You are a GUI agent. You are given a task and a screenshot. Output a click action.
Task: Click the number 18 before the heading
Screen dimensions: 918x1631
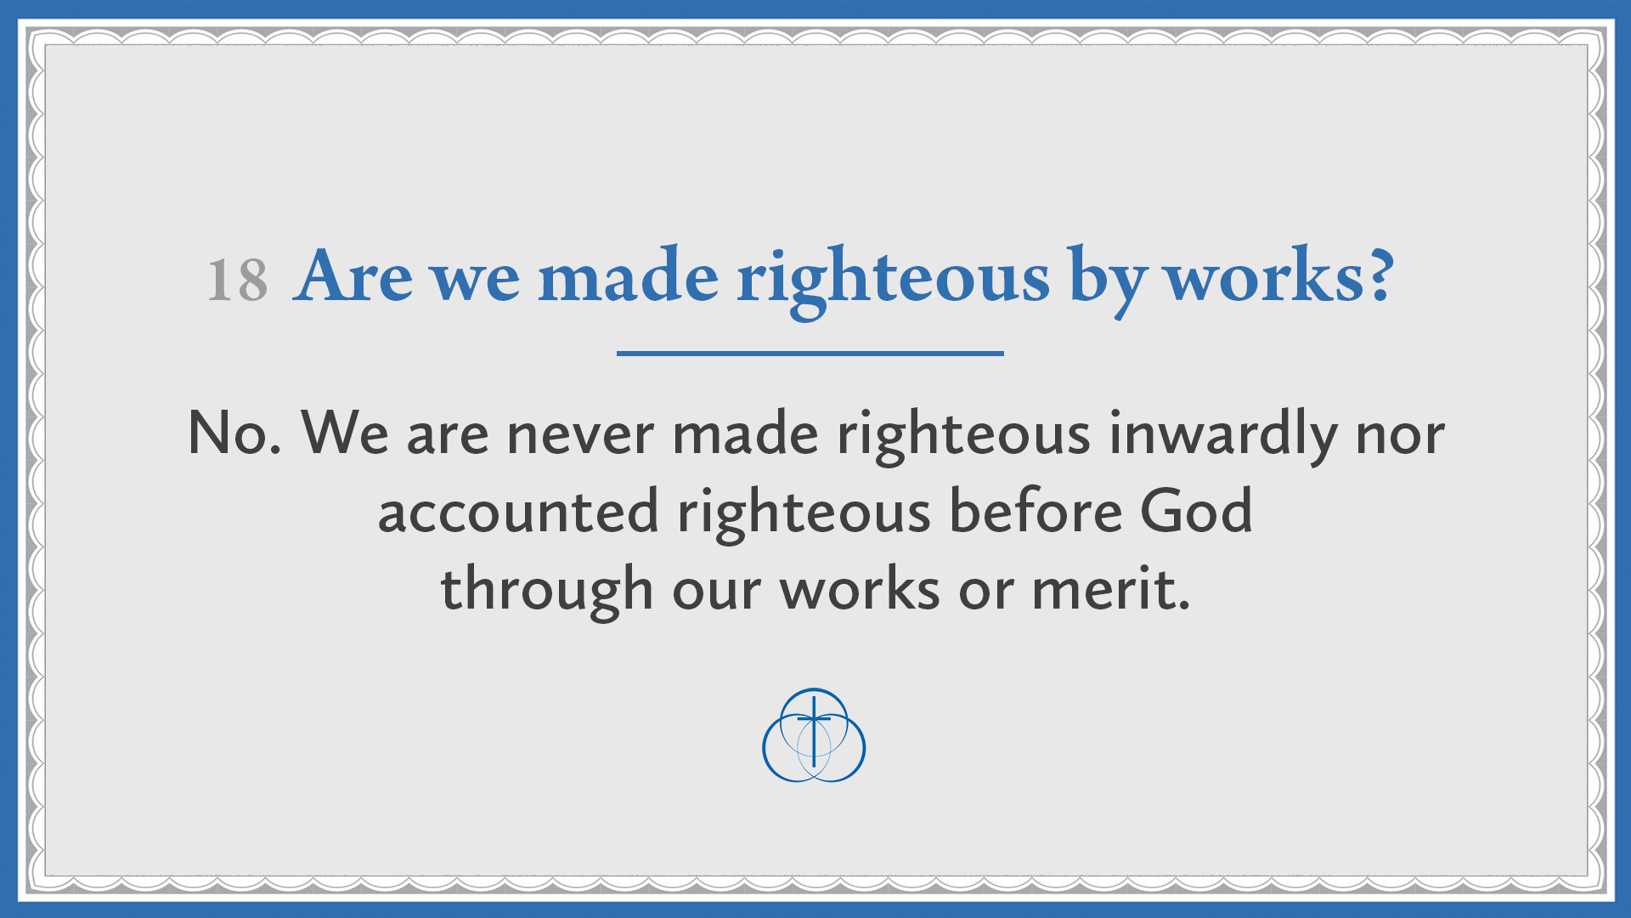[x=237, y=280]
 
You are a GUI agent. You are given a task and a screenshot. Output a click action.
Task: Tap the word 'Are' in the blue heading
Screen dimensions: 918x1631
[x=353, y=276]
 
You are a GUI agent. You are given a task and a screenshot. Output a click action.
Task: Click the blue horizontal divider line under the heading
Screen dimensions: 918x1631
[x=810, y=353]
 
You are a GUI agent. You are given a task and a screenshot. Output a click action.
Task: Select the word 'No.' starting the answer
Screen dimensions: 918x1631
[x=234, y=433]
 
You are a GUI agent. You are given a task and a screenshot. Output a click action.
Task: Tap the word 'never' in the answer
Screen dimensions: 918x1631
[x=579, y=435]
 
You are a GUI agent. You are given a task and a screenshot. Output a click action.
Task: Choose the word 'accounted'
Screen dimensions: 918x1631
[x=518, y=513]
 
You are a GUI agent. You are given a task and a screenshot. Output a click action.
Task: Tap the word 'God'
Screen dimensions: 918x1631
[x=1195, y=511]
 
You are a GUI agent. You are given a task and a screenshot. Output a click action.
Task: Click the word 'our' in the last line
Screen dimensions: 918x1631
[x=716, y=592]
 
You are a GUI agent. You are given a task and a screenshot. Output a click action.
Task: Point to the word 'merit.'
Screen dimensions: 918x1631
[x=1110, y=589]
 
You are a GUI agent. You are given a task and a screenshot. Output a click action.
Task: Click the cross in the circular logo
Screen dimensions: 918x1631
[x=814, y=727]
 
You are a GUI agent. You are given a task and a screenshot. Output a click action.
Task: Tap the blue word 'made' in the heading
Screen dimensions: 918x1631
[x=628, y=276]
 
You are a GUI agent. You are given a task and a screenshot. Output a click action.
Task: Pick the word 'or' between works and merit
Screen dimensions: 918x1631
[x=985, y=592]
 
